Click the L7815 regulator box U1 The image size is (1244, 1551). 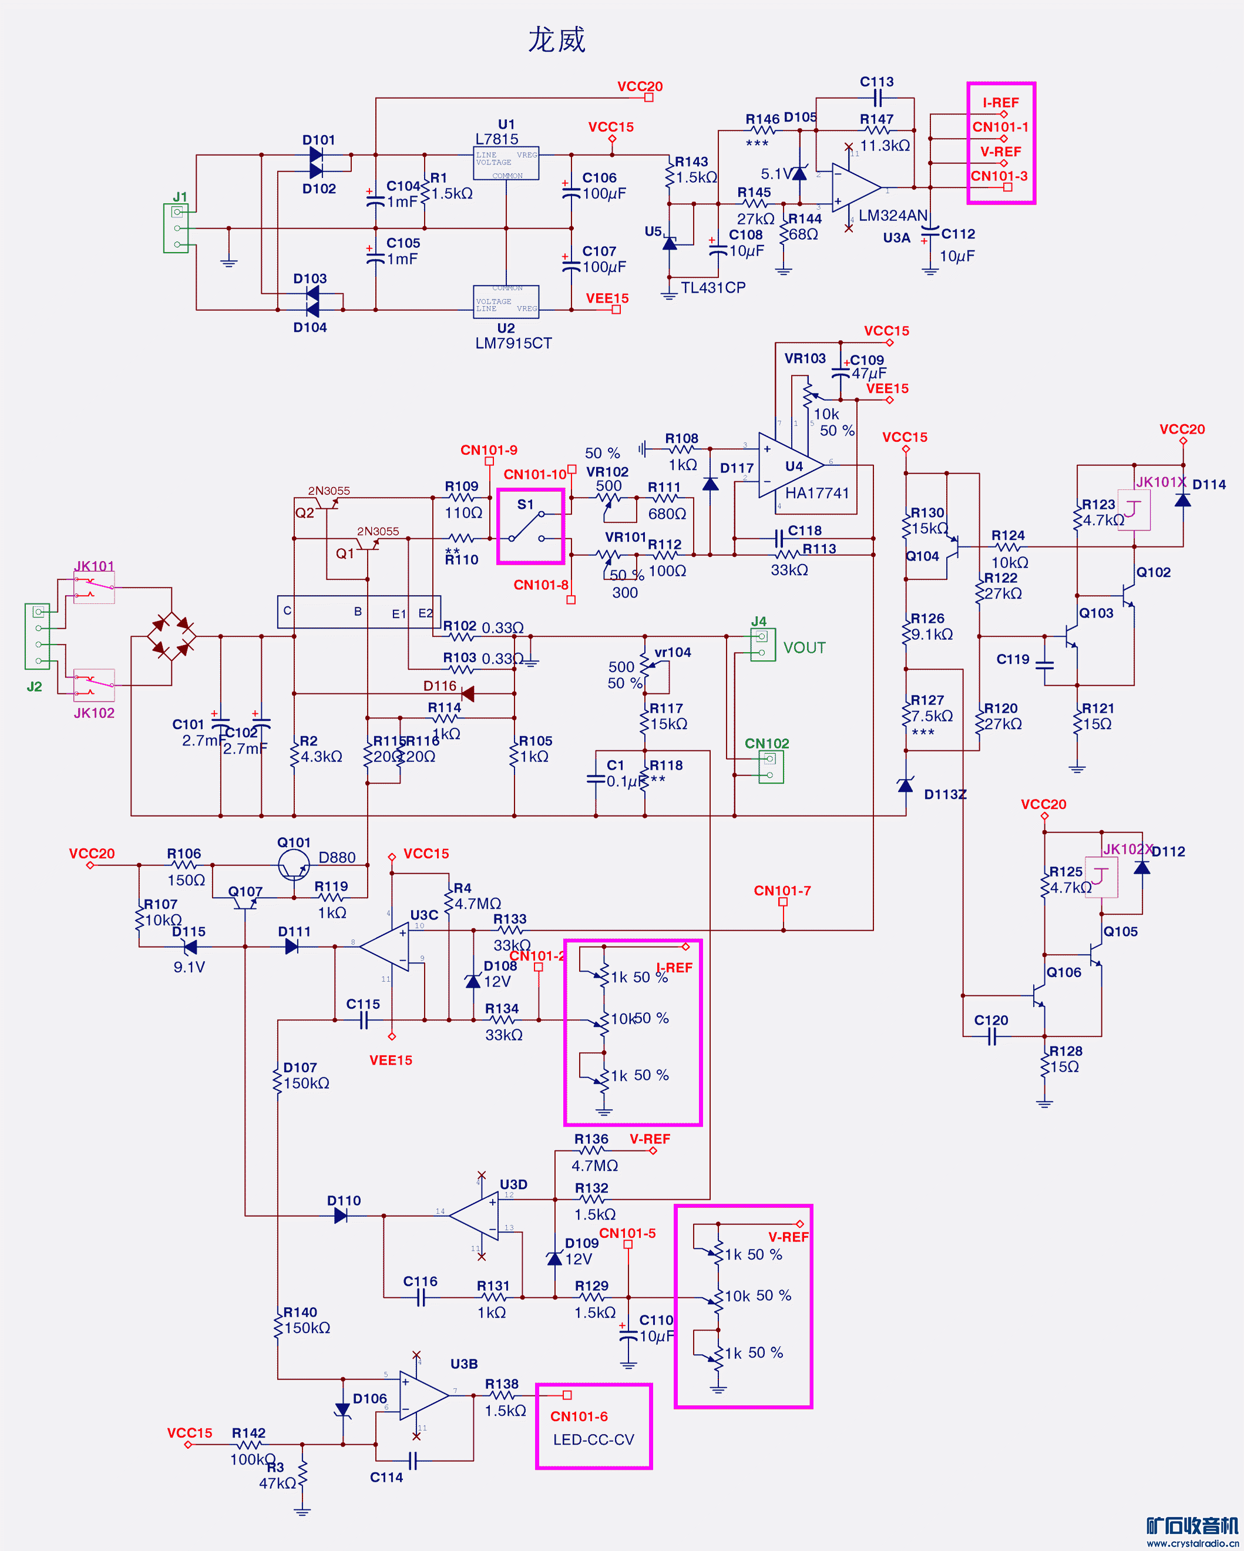(x=506, y=163)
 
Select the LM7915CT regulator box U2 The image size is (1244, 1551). (x=506, y=302)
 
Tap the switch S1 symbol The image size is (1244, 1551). (x=529, y=526)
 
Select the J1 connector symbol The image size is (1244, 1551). (x=176, y=228)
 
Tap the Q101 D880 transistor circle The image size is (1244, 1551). (x=294, y=865)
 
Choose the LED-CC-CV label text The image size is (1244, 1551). (x=593, y=1439)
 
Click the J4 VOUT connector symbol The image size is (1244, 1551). (x=762, y=644)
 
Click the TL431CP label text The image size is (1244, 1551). (x=712, y=288)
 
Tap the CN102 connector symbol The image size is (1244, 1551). (x=769, y=767)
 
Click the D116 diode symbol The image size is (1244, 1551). (x=468, y=693)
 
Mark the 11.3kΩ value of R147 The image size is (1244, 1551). (x=885, y=145)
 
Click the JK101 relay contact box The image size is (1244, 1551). (x=93, y=589)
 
